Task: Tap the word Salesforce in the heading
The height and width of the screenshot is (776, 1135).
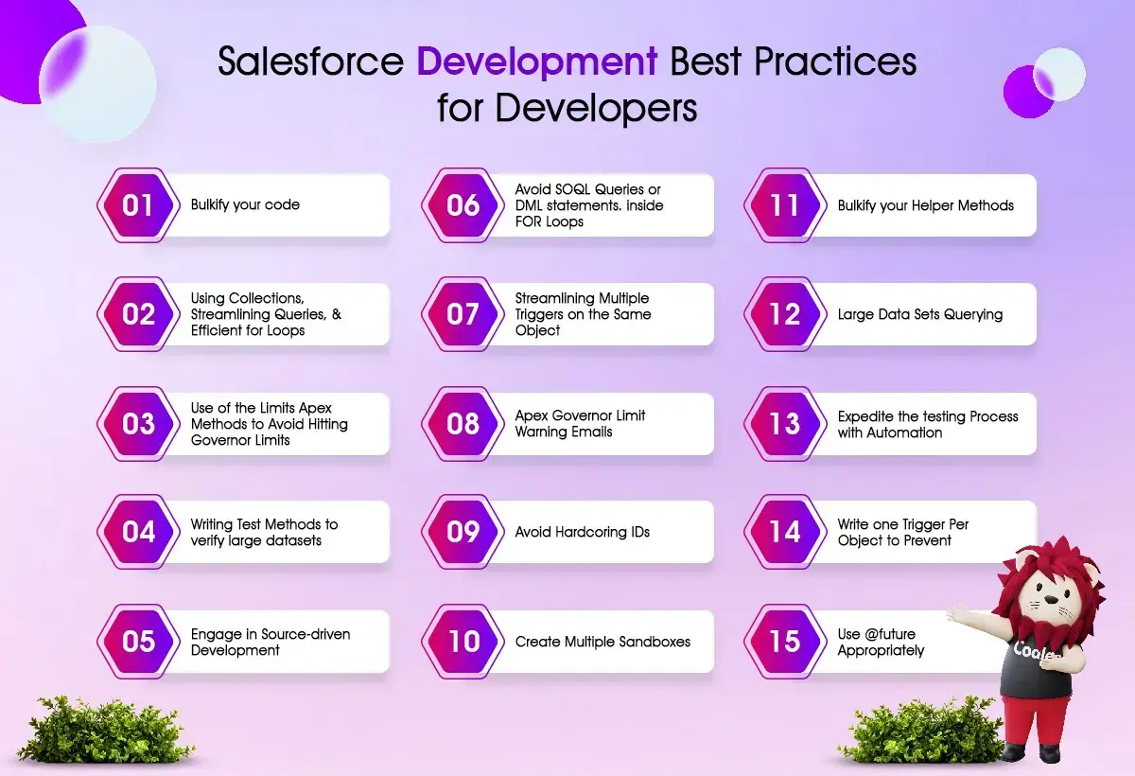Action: point(310,62)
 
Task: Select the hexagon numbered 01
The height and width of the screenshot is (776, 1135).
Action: point(138,205)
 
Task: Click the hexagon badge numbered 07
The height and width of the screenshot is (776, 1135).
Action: point(463,314)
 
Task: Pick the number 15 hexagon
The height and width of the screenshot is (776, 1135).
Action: point(785,642)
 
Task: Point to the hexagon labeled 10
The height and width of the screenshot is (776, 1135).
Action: point(463,642)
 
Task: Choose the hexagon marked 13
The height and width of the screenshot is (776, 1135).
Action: point(785,424)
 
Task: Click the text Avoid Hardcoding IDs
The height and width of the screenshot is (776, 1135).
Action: point(583,532)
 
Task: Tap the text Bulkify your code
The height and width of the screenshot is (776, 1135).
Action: point(245,204)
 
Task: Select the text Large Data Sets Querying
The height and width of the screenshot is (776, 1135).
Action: point(920,315)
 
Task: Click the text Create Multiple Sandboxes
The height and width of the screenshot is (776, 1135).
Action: point(602,642)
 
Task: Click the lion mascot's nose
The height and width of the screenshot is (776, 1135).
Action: point(1052,600)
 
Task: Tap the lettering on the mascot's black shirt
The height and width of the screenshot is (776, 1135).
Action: point(1033,651)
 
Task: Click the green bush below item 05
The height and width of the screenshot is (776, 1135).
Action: point(105,730)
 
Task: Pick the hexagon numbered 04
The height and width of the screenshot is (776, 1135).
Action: point(138,532)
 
